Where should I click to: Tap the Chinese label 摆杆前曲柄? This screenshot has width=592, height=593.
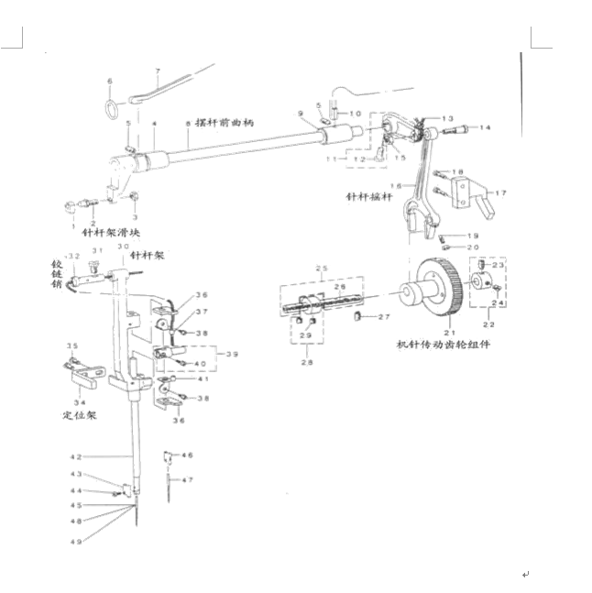click(223, 123)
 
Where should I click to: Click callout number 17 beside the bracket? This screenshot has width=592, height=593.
click(500, 193)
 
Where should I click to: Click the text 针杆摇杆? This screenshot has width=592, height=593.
click(369, 197)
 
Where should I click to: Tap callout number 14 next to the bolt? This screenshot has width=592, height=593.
click(485, 127)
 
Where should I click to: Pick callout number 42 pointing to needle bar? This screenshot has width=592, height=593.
click(77, 456)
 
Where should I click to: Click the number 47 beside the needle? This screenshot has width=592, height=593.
click(188, 480)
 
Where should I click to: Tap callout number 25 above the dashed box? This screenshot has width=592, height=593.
click(321, 269)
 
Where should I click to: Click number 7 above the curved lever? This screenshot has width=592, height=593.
click(158, 71)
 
